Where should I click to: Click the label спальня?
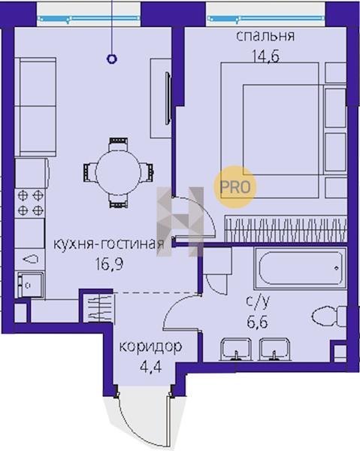[x=265, y=37]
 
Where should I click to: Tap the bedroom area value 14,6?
[x=266, y=56]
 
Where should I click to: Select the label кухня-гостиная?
[x=109, y=244]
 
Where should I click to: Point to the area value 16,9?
[x=110, y=264]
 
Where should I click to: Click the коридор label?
[x=150, y=347]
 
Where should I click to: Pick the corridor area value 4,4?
[x=150, y=367]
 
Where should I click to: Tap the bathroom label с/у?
[x=258, y=301]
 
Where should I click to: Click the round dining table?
[x=119, y=172]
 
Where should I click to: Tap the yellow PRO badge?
[x=235, y=187]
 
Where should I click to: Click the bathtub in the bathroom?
[x=300, y=268]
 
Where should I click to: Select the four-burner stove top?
[x=30, y=203]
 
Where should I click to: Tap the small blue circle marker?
[x=111, y=59]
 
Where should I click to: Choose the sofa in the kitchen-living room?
[x=35, y=107]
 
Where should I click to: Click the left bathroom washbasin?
[x=235, y=350]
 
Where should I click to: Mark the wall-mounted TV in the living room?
[x=168, y=98]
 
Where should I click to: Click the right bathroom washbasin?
[x=275, y=350]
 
